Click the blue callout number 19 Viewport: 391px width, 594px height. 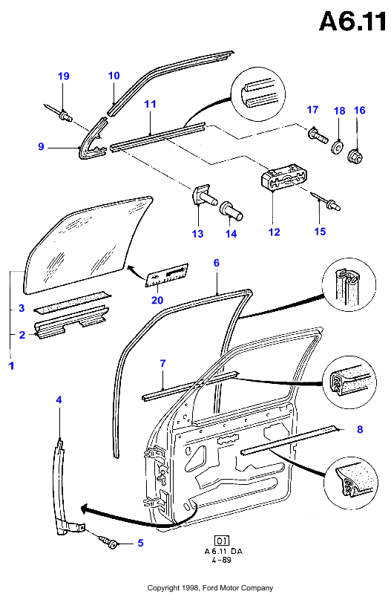(64, 76)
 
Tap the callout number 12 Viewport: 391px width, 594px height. (274, 232)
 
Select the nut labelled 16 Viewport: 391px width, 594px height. (355, 157)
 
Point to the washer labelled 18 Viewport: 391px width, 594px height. (338, 147)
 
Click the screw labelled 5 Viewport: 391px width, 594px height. (108, 541)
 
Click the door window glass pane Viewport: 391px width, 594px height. (85, 244)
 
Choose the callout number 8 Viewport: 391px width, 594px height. (360, 429)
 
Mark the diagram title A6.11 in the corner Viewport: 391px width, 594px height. (352, 22)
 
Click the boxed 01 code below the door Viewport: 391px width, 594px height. (222, 541)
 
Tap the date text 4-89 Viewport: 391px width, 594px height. (221, 560)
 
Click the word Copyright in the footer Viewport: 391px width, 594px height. (163, 587)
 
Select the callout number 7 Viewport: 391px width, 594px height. (162, 364)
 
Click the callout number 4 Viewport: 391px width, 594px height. (59, 399)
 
